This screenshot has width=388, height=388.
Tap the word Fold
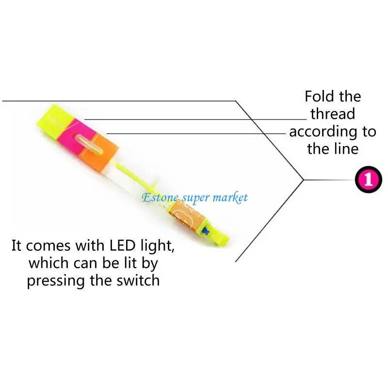pyautogui.click(x=318, y=97)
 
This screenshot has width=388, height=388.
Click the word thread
pyautogui.click(x=333, y=114)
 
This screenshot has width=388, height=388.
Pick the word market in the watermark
pyautogui.click(x=230, y=197)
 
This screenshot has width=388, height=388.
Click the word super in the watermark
pyautogui.click(x=194, y=198)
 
